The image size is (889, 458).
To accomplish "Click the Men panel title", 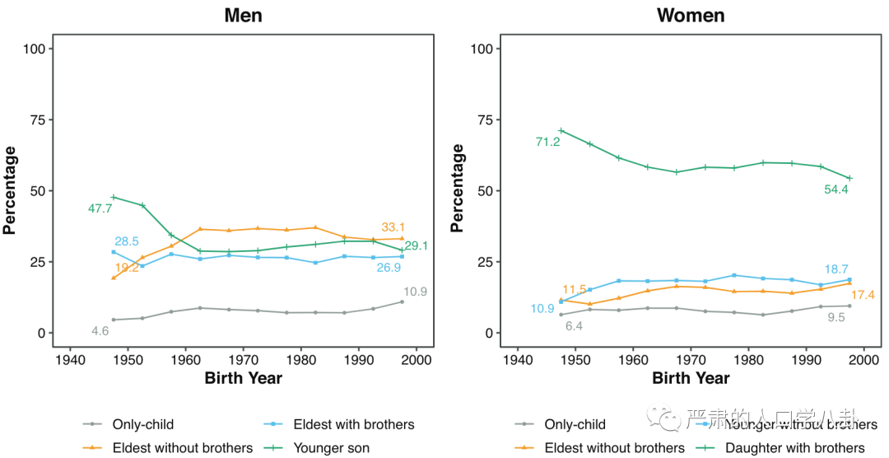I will [243, 16].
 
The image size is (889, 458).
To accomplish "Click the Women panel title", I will [691, 16].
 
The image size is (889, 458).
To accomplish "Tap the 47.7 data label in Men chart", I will [100, 208].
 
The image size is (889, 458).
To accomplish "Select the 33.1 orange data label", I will [394, 227].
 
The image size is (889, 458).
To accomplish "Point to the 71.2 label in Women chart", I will [547, 143].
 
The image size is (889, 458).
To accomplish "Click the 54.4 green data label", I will [836, 189].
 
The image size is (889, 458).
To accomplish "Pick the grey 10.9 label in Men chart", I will [416, 292].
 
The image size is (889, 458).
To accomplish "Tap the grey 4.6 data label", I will [100, 331].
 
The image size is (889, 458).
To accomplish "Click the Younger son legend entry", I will [331, 448].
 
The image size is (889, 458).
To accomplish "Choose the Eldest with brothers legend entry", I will [354, 425].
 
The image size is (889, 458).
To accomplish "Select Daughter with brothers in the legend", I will [794, 448].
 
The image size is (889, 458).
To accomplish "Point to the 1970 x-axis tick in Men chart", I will [243, 359].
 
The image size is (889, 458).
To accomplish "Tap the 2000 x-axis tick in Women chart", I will [863, 359].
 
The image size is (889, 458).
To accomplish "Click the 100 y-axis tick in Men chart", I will [34, 49].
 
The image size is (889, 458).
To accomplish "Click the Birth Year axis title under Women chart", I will [691, 379].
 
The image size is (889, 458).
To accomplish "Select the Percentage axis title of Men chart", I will [10, 191].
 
